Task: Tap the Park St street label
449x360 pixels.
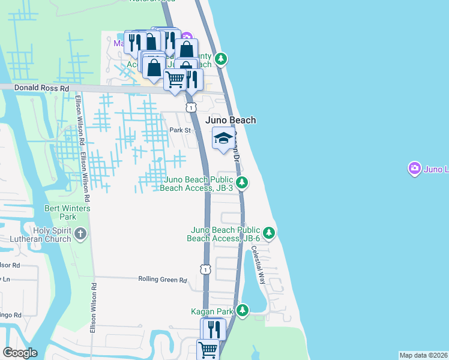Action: [x=179, y=130]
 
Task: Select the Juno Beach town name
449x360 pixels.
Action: [x=231, y=120]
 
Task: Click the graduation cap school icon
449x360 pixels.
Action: [x=223, y=139]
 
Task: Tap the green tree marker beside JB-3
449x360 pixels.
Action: [x=241, y=182]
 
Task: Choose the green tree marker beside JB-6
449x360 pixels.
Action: [x=270, y=232]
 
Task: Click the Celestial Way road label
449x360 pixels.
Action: [x=259, y=265]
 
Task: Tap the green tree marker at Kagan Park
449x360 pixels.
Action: [x=243, y=310]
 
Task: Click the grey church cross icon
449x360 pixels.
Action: [x=80, y=232]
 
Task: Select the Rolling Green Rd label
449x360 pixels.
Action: [x=163, y=280]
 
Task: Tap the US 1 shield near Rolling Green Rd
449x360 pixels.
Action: [x=206, y=269]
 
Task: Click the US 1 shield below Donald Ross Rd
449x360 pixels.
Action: [x=190, y=107]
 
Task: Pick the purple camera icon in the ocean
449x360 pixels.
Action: [x=414, y=169]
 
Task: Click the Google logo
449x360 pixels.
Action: [x=20, y=353]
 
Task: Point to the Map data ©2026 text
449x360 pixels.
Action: [x=423, y=355]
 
